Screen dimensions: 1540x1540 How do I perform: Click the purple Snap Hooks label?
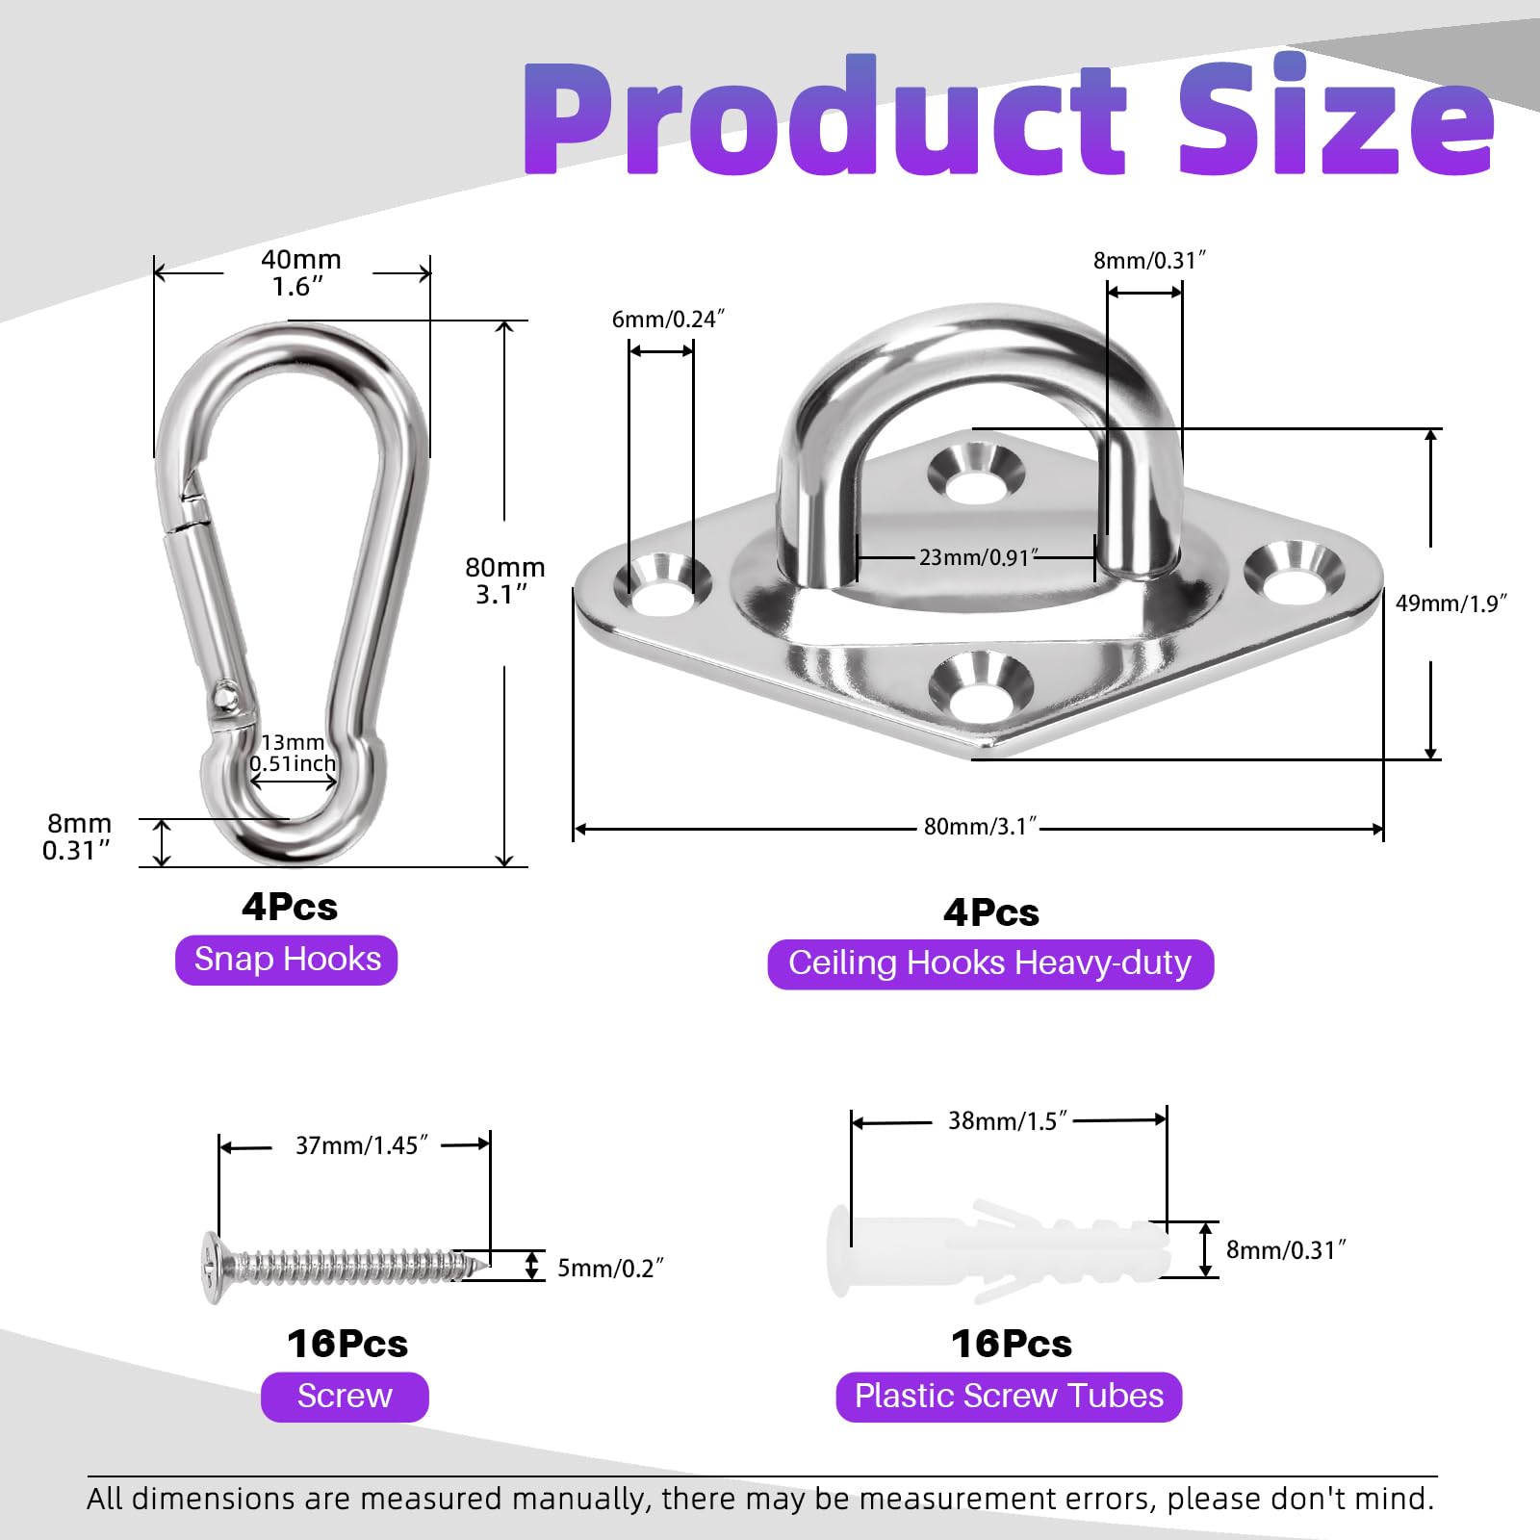coord(286,960)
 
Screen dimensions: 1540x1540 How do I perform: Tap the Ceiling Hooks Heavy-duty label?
coord(990,963)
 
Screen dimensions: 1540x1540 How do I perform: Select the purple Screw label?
coord(345,1397)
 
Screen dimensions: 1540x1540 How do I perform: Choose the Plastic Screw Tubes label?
coord(1009,1397)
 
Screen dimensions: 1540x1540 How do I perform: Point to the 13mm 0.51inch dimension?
coord(293,753)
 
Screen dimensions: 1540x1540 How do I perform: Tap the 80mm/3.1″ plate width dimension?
coord(980,827)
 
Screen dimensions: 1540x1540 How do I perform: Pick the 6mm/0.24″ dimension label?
coord(668,320)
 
